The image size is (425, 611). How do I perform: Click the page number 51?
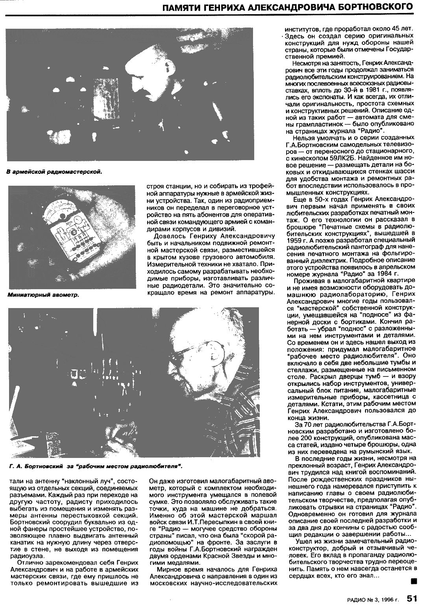click(x=412, y=598)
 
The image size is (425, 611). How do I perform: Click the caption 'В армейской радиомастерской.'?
click(x=54, y=172)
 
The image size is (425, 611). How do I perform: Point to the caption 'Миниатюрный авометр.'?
click(x=43, y=295)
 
